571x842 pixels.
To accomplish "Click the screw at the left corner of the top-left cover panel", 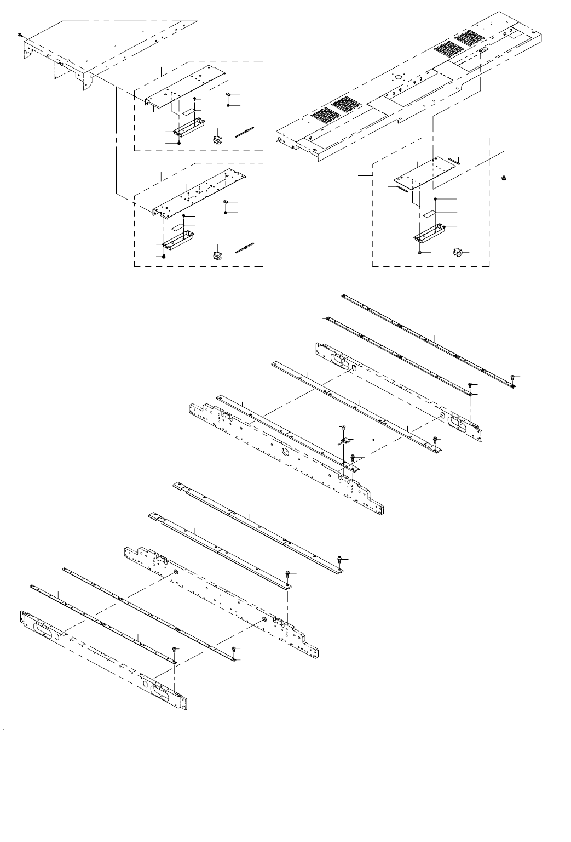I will click(x=20, y=35).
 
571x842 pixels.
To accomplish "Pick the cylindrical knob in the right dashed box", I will click(x=457, y=252).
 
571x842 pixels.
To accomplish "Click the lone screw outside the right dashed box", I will click(x=504, y=178).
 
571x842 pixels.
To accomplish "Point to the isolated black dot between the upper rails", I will click(x=373, y=440).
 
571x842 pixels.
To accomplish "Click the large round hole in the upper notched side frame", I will click(x=285, y=451).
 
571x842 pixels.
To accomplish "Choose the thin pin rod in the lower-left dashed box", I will click(x=245, y=247).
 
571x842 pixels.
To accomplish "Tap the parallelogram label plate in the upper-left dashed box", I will click(x=189, y=111).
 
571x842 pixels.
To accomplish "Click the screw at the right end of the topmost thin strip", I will click(x=512, y=377).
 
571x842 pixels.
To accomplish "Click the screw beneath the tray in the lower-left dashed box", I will click(x=164, y=256).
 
